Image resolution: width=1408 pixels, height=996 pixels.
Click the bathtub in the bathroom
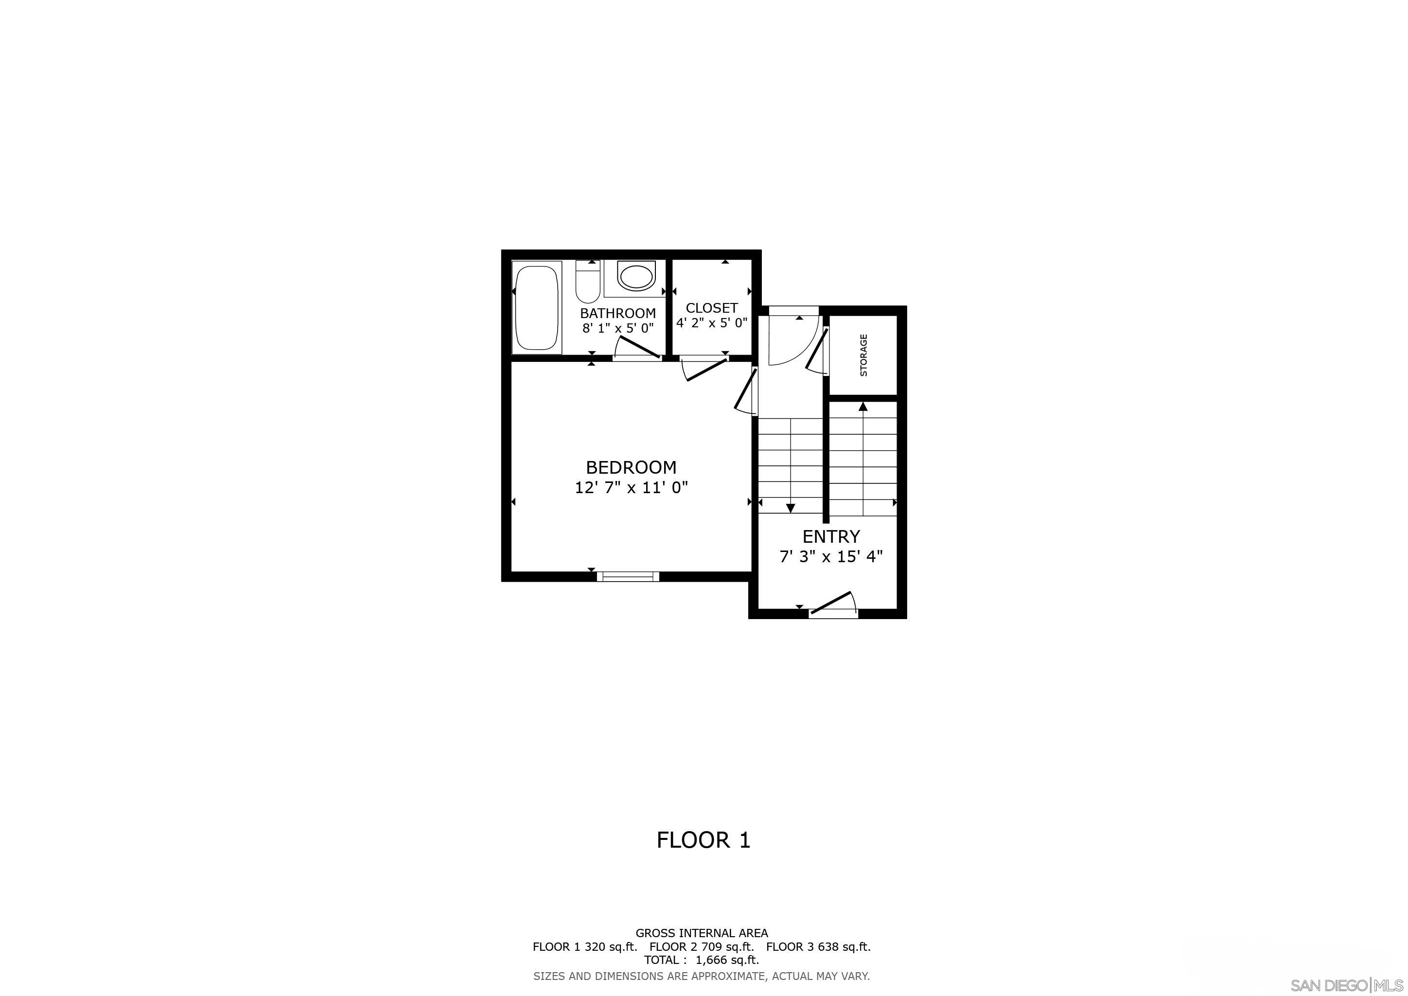click(537, 308)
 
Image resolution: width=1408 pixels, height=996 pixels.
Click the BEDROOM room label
click(631, 467)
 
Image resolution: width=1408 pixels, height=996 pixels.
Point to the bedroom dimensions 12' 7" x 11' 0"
click(631, 488)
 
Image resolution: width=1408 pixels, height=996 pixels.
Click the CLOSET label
click(711, 308)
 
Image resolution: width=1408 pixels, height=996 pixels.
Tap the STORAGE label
click(863, 355)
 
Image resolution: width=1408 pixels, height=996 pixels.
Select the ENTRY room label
click(831, 536)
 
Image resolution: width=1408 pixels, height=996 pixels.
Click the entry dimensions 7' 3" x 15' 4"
click(831, 557)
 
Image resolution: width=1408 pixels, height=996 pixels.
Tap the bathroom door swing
click(638, 348)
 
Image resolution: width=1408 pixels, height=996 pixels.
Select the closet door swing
click(705, 369)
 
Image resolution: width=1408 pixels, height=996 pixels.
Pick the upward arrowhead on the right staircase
click(863, 406)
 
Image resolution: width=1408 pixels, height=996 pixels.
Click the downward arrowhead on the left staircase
click(791, 508)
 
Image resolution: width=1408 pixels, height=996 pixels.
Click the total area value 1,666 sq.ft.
click(727, 960)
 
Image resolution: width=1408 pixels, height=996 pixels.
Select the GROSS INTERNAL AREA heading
click(702, 933)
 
